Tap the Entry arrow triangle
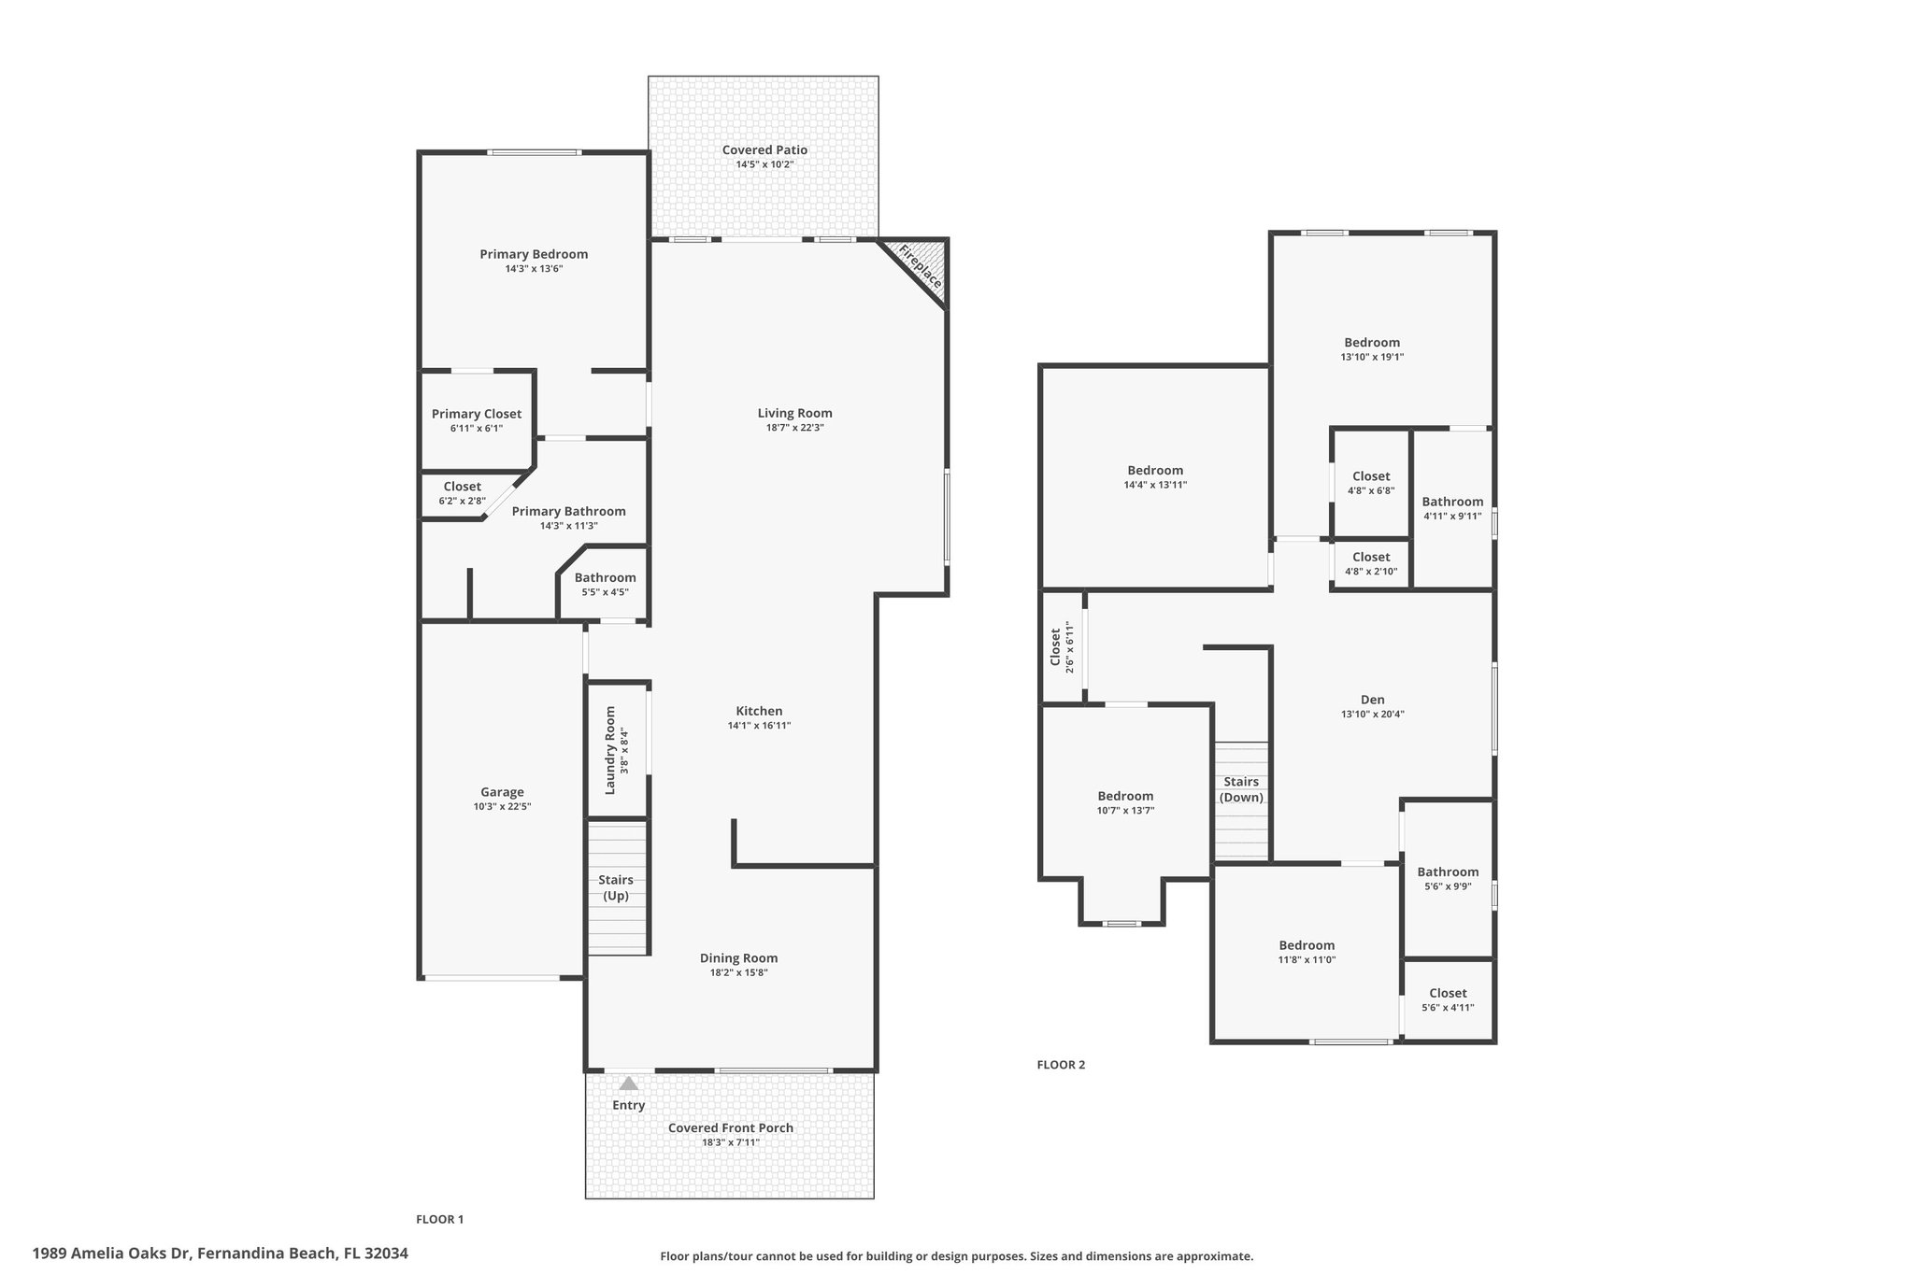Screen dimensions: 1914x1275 629,1084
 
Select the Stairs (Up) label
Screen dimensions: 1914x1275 616,887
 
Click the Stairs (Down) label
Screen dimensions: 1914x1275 1241,789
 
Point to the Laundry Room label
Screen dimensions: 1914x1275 610,750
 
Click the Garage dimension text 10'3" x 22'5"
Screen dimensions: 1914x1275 502,807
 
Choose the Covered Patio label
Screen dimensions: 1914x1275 764,149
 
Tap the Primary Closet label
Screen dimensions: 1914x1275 477,414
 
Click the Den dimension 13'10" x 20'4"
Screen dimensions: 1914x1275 1373,715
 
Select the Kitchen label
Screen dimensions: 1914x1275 759,711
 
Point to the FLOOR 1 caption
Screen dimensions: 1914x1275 440,1219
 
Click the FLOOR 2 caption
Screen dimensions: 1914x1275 1062,1064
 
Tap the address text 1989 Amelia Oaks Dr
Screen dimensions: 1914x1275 112,1254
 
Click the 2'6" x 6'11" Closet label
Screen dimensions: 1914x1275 1055,646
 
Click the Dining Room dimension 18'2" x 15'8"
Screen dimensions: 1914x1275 739,972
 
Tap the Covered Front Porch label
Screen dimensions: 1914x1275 731,1127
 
